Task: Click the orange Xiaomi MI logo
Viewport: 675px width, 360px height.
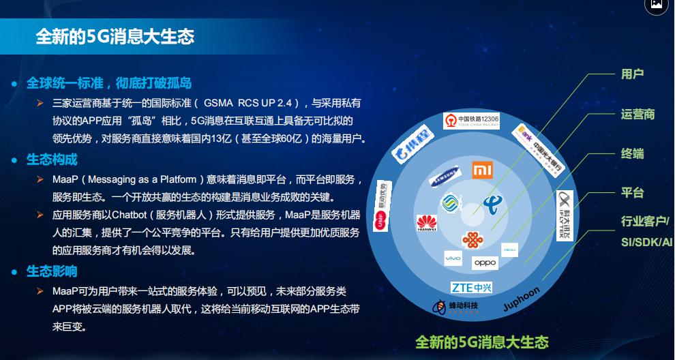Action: [x=483, y=168]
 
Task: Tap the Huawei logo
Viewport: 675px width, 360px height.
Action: [x=426, y=222]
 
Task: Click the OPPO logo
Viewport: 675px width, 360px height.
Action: [x=485, y=262]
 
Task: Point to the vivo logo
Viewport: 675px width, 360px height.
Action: [x=453, y=258]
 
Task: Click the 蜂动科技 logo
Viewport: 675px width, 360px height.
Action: [x=456, y=307]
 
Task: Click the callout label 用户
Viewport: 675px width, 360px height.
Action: [x=632, y=74]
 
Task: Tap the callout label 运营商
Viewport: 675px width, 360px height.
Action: [x=637, y=114]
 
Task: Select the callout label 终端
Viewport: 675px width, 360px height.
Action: [x=632, y=153]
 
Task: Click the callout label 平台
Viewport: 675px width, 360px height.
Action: [x=632, y=193]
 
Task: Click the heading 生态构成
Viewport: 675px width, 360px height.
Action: [x=52, y=160]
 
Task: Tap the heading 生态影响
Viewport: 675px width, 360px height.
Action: [x=52, y=271]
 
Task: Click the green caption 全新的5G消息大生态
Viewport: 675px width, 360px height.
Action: [x=481, y=341]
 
